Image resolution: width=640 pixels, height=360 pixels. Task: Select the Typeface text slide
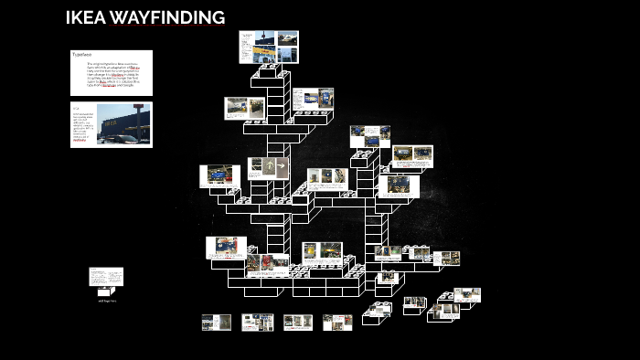point(111,72)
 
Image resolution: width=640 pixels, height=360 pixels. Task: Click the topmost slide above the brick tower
point(269,47)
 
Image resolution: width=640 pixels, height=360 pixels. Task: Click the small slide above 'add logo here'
point(106,277)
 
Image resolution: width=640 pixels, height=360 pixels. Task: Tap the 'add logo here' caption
point(107,300)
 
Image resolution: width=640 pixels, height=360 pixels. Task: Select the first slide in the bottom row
point(217,323)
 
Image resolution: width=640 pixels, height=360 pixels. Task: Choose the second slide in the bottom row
point(258,323)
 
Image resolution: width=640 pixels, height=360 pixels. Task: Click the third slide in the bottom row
point(297,323)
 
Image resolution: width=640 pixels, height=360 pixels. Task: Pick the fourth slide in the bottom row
point(336,323)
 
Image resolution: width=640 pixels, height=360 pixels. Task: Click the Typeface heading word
point(82,55)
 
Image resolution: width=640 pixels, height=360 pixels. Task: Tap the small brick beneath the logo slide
point(106,291)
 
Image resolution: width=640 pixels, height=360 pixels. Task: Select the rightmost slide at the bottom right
point(465,295)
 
